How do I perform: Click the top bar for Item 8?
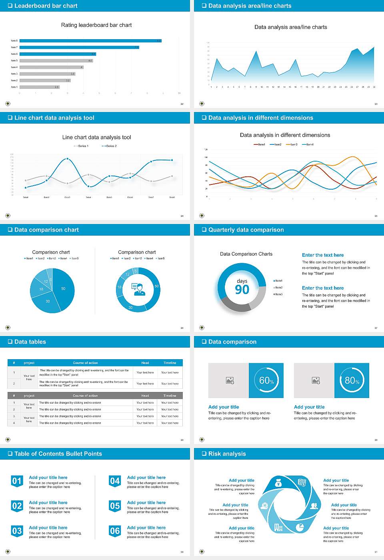(90, 41)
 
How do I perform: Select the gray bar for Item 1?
(39, 87)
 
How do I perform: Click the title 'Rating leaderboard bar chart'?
(96, 25)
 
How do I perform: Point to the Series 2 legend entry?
(109, 146)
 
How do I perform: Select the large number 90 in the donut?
(242, 290)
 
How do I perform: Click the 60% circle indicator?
(266, 380)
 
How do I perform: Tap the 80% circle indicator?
(352, 380)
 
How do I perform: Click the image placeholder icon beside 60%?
(230, 380)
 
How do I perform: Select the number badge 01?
(17, 481)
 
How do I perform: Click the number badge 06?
(115, 531)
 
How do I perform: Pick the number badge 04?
(115, 481)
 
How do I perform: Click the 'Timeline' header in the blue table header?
(170, 363)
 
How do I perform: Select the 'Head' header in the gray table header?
(145, 396)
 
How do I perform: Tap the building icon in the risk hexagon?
(278, 527)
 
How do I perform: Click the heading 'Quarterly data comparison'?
(246, 230)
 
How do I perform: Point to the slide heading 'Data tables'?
(30, 342)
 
